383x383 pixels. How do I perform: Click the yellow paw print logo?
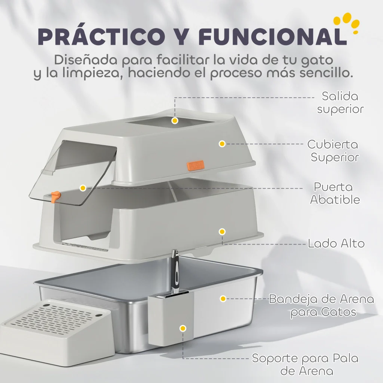tap(347, 23)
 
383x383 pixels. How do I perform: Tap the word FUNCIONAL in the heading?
tap(272, 36)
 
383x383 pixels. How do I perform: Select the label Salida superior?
tap(340, 102)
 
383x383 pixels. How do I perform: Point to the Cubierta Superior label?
tap(333, 151)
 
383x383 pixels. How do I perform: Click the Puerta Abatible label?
tap(335, 193)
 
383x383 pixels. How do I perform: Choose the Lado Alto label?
tap(336, 243)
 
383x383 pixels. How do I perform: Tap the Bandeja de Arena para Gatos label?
tap(321, 306)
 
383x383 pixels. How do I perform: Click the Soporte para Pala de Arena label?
tap(305, 364)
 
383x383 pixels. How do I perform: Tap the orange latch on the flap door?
tap(56, 196)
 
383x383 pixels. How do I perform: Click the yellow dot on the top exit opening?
tap(175, 120)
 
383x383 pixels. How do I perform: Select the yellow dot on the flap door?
tap(83, 188)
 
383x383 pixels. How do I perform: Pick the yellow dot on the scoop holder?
tap(183, 328)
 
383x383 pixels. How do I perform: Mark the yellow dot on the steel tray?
tap(223, 298)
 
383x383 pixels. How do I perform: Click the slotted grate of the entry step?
tap(54, 315)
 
